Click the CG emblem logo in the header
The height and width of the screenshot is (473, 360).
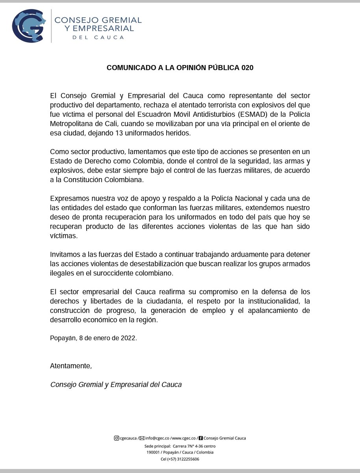(29, 26)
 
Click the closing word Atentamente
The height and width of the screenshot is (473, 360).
(71, 366)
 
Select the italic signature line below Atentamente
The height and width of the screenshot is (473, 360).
(116, 384)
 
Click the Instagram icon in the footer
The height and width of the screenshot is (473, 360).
(116, 438)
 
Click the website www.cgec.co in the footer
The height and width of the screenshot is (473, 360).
(184, 438)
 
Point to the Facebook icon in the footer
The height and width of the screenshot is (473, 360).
(201, 438)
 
